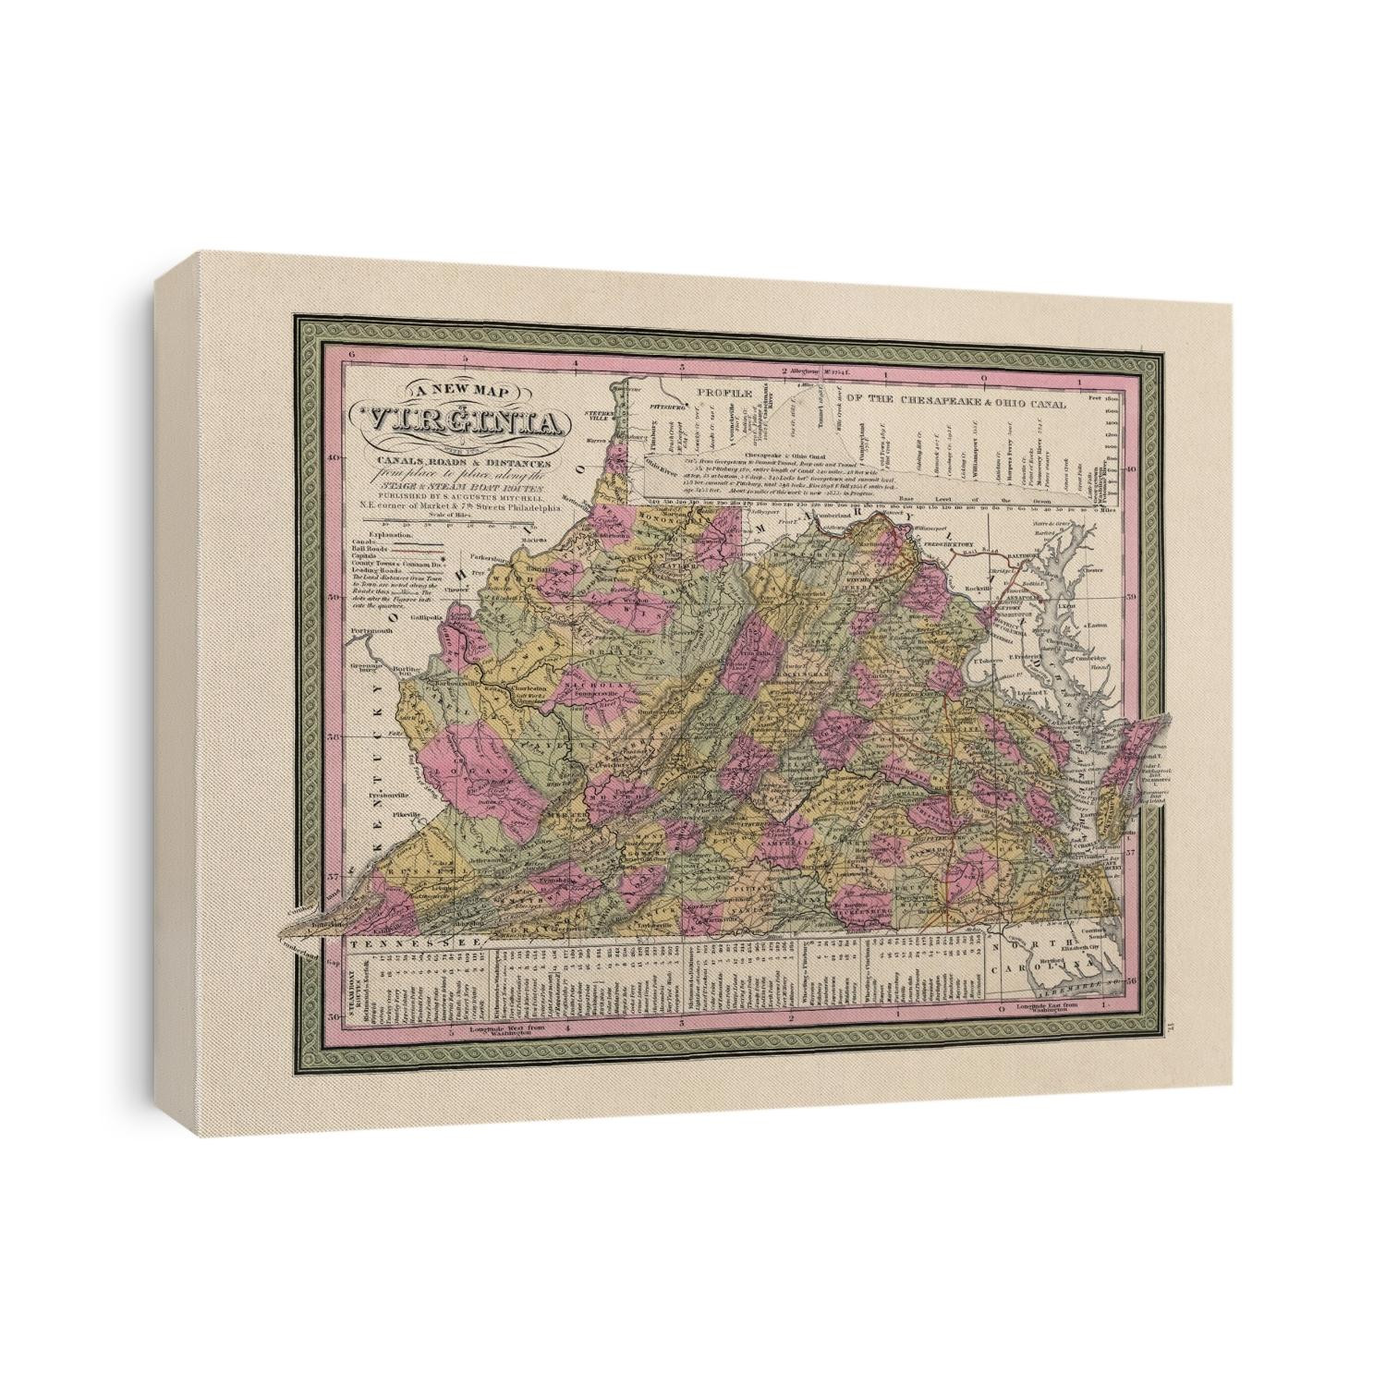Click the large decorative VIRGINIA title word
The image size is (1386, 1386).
point(470,424)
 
